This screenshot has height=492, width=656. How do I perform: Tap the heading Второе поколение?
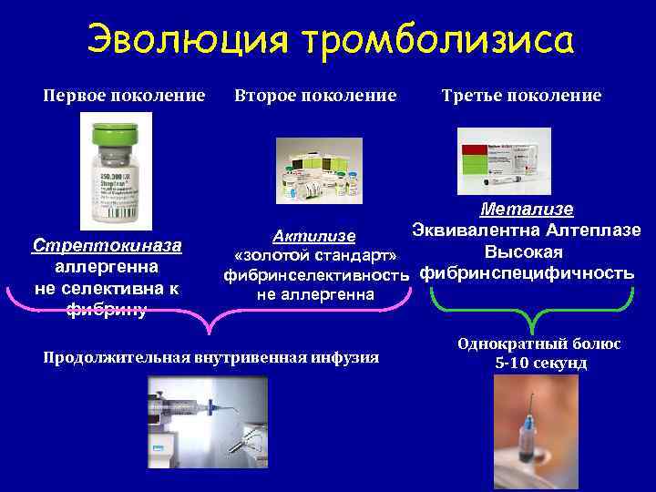tap(316, 96)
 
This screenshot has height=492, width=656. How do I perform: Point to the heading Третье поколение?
tap(521, 96)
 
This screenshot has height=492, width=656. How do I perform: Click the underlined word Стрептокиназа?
tap(108, 245)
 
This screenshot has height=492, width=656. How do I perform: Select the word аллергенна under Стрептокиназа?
tap(108, 267)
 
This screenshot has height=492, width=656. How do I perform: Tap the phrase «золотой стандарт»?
tap(315, 254)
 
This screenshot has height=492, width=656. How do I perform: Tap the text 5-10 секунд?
tap(540, 363)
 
